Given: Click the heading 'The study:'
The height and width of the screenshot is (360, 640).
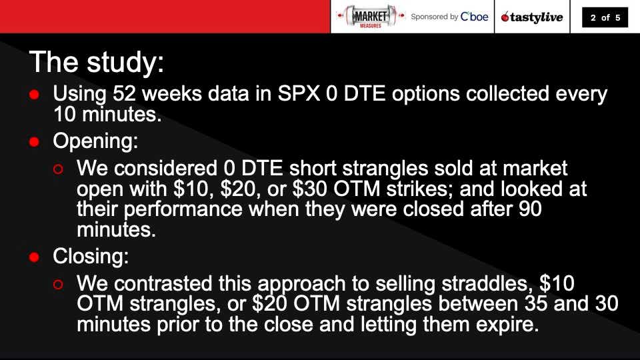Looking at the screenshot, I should (96, 62).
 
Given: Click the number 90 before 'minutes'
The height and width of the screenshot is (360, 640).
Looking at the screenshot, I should (531, 209).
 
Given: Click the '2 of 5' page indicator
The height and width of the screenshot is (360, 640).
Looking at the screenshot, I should (605, 17).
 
